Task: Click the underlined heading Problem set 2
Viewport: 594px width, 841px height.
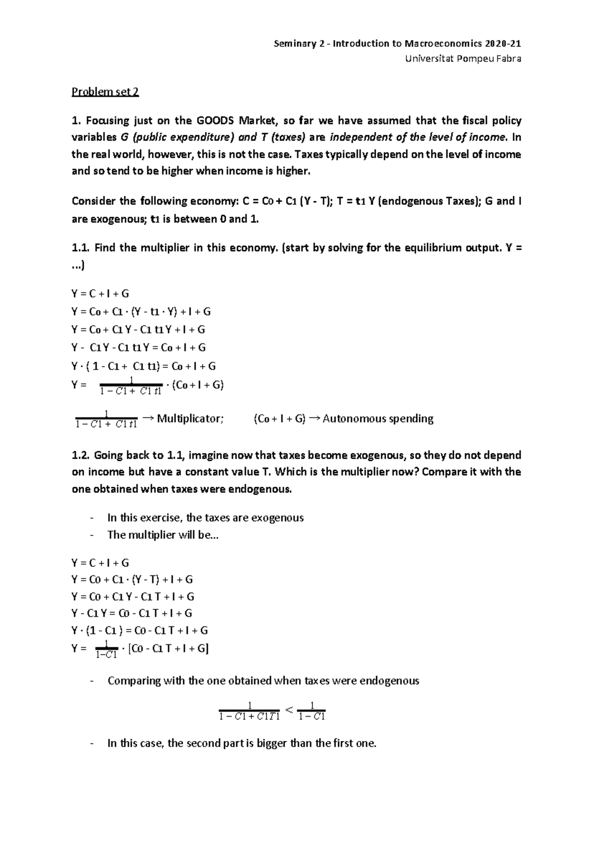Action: (105, 92)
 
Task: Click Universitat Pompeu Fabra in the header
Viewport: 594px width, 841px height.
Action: (463, 59)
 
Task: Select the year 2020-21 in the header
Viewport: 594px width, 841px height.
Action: (503, 44)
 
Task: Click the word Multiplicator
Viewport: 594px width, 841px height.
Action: (190, 419)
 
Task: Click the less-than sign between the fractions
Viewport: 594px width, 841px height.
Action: (290, 711)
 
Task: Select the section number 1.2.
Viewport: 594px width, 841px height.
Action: (81, 455)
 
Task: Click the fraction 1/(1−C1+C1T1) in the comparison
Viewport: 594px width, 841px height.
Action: (250, 711)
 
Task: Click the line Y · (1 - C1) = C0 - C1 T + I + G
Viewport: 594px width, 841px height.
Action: (140, 630)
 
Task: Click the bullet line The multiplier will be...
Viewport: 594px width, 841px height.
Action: (162, 535)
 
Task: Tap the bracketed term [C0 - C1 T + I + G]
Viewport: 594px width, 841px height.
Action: (168, 648)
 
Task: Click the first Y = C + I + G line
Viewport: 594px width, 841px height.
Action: (100, 293)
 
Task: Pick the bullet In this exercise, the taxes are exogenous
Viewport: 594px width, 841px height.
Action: (205, 518)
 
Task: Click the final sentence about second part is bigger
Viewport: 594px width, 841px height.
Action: (242, 743)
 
